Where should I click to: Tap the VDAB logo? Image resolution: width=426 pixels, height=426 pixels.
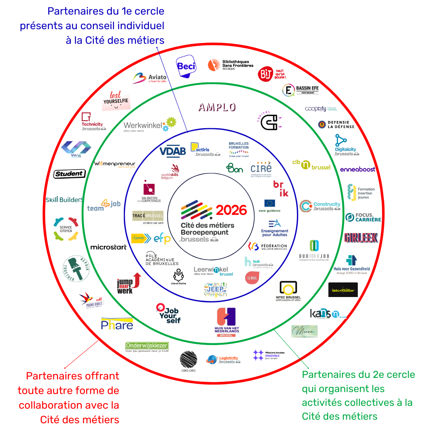172,151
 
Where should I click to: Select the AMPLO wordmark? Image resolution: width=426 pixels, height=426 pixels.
217,107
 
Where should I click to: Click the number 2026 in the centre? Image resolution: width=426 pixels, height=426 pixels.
232,210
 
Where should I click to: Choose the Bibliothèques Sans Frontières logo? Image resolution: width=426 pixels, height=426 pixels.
230,65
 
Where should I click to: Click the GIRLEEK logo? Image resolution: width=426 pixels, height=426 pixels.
361,237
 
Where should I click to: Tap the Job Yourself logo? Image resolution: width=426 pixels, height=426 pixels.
168,314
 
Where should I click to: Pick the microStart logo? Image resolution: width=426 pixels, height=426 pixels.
108,247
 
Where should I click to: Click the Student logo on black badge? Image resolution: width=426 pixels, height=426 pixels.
69,174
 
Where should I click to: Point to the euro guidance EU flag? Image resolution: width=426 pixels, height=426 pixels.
270,203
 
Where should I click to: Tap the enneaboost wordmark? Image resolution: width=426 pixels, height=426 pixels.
358,169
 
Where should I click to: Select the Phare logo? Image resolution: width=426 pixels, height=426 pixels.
117,324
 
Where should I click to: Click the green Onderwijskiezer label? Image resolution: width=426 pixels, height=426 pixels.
147,346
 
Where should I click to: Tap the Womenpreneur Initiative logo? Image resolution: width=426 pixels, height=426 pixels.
115,164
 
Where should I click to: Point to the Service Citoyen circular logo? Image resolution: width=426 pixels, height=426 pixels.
66,228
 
